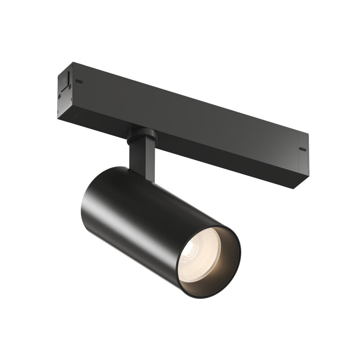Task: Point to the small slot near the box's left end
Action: pyautogui.click(x=80, y=82)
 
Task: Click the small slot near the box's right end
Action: pyautogui.click(x=302, y=149)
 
